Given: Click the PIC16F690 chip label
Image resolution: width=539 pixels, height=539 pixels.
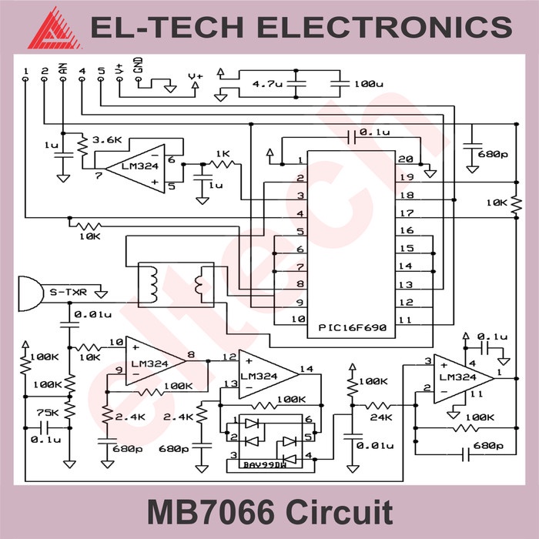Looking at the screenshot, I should point(352,328).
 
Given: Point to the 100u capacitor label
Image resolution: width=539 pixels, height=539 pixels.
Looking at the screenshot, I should point(368,83).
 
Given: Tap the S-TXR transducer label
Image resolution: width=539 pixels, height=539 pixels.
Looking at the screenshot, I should point(67,293).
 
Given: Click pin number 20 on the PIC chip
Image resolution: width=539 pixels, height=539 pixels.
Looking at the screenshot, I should point(406,159).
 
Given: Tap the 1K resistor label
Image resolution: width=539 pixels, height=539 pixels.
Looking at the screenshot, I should point(223,153).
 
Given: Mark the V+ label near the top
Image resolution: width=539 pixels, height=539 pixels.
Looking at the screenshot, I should point(196,75).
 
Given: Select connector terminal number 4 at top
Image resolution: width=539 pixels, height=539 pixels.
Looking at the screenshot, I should point(82,72).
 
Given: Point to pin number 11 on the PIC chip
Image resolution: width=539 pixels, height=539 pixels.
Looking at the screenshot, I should point(406,319).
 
